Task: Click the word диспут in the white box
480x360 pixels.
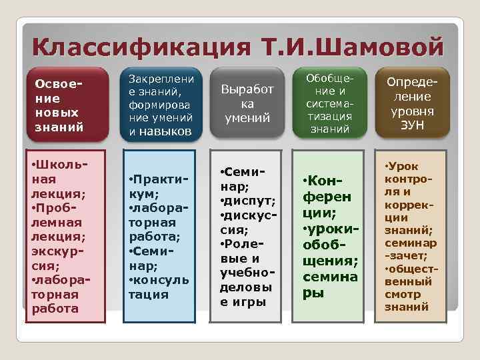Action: [250, 201]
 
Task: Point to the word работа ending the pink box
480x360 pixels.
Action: [55, 308]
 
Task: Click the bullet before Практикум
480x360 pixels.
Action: [131, 180]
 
